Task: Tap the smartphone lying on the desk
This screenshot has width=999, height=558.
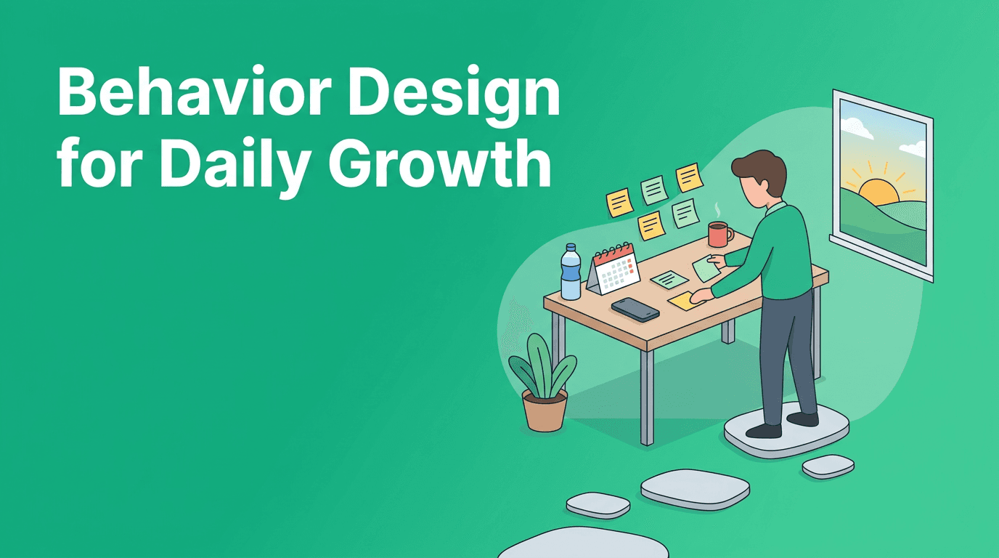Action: [x=635, y=309]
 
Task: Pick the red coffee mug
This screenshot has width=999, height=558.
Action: [x=719, y=234]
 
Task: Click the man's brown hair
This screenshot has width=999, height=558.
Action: [x=759, y=168]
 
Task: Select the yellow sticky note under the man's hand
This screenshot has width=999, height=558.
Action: [x=682, y=300]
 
